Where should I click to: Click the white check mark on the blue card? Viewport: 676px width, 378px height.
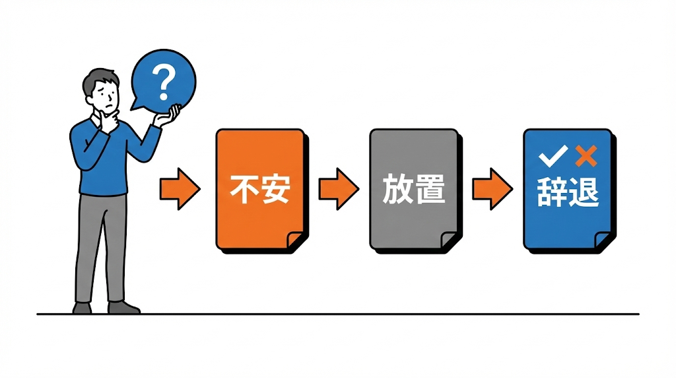552,157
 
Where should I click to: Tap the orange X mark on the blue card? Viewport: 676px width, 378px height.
586,157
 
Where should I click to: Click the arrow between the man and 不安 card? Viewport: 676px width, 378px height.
180,189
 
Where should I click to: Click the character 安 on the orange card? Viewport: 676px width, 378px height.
275,190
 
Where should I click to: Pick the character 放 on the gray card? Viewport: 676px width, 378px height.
397,189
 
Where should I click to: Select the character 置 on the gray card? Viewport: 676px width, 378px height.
429,189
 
